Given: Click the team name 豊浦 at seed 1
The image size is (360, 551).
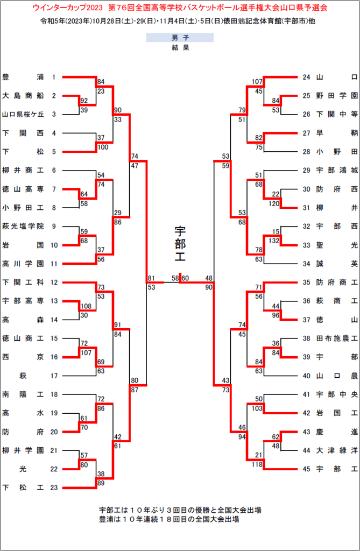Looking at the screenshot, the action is (x=23, y=77).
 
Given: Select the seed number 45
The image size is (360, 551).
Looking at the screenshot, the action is (x=307, y=469).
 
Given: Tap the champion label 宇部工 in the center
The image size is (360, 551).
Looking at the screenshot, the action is (x=180, y=244).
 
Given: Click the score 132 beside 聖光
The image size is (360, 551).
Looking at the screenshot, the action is (x=273, y=241).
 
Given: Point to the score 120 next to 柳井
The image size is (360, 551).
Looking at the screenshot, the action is (x=273, y=203).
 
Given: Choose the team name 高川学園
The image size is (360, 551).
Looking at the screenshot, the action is (x=23, y=264).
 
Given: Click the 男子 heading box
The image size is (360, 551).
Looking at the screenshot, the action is (x=180, y=38).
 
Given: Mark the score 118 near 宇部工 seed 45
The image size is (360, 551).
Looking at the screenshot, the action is (x=257, y=464).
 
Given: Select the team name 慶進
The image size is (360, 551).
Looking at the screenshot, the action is (x=337, y=432).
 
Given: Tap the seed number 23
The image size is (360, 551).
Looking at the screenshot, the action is (x=54, y=488).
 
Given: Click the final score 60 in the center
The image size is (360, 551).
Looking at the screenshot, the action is (x=185, y=278).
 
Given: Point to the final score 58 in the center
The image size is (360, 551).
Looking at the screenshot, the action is (x=175, y=278).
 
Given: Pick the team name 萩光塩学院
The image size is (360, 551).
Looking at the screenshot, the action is (x=23, y=227).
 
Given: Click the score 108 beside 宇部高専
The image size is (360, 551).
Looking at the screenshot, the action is (x=86, y=306).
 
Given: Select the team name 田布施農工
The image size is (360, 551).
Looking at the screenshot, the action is (x=337, y=338).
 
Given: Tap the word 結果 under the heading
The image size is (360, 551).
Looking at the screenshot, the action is (x=180, y=47).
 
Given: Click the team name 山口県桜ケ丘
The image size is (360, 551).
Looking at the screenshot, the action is (x=23, y=114).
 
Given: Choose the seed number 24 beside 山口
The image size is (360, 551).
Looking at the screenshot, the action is (x=307, y=77).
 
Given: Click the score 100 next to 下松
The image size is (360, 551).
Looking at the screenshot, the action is (x=103, y=147).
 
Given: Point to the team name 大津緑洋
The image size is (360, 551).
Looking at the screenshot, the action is (x=337, y=450).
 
